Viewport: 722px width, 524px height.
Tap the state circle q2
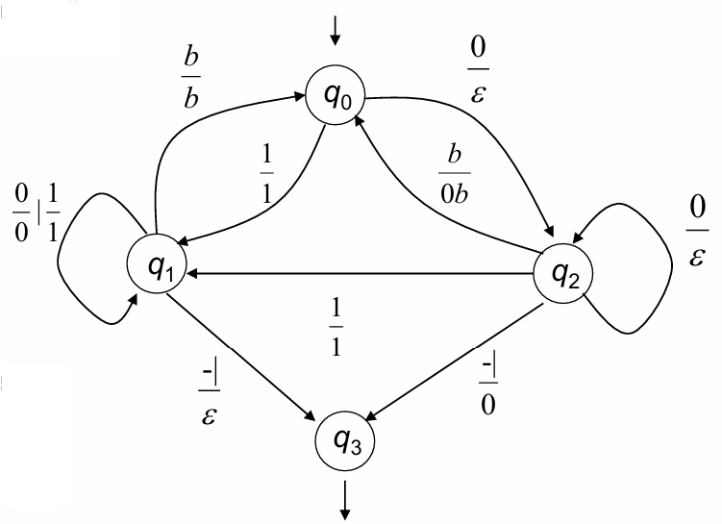pyautogui.click(x=562, y=274)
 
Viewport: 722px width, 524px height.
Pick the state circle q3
pyautogui.click(x=345, y=441)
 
